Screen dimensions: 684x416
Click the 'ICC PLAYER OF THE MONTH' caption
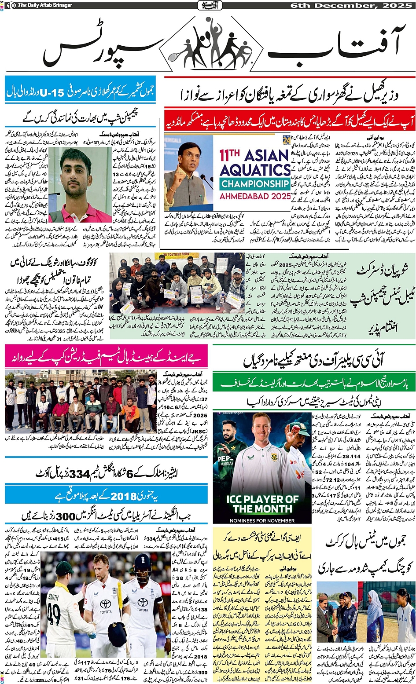coord(262,504)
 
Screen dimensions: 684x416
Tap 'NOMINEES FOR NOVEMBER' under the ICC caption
coord(262,521)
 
